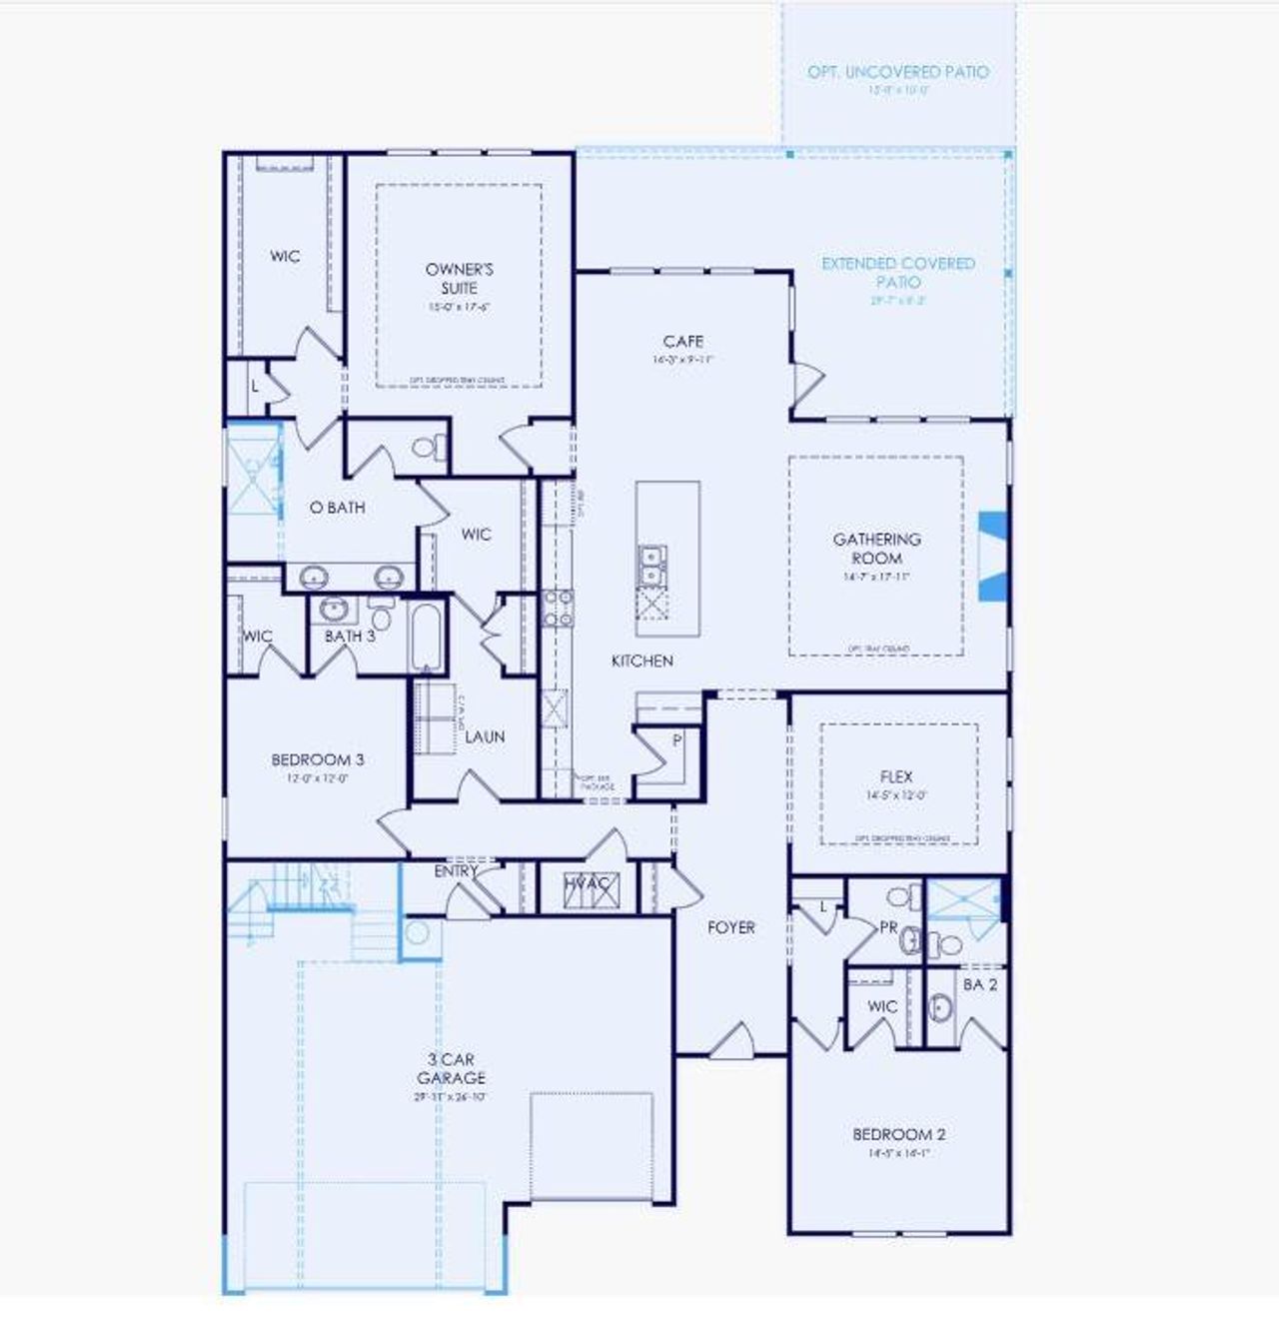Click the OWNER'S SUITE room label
(459, 278)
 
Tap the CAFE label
(682, 342)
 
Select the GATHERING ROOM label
(876, 549)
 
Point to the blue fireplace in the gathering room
(992, 557)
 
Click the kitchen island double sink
(651, 564)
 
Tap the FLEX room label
(896, 776)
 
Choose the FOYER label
(730, 927)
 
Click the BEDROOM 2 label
(898, 1134)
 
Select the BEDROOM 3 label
(317, 759)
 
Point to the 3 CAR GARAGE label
(451, 1068)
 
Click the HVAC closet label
(588, 884)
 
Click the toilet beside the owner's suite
(427, 447)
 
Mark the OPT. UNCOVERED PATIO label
(897, 72)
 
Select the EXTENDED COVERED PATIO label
(897, 272)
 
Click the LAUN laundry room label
(485, 736)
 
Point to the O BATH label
(337, 508)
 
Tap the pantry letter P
(676, 740)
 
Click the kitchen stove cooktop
(557, 608)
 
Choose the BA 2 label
(979, 985)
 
